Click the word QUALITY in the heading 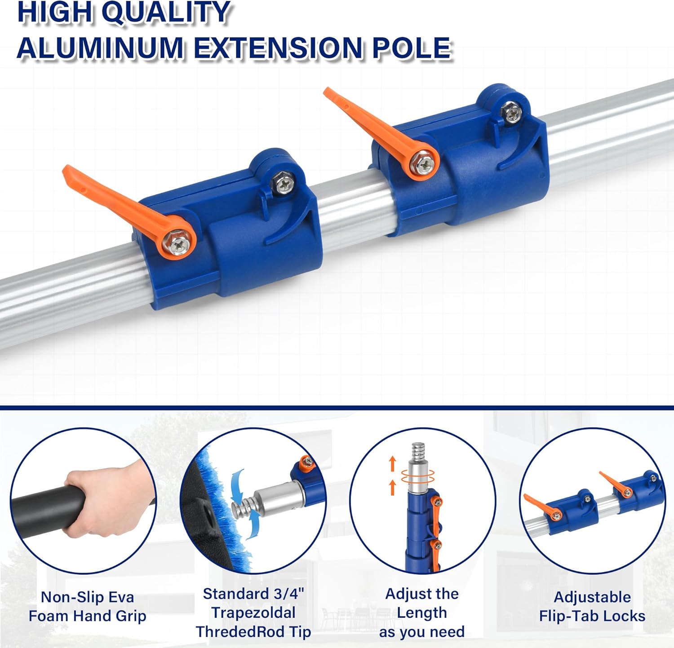(166, 12)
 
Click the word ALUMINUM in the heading (100, 48)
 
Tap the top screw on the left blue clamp (283, 184)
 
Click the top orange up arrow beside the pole (392, 463)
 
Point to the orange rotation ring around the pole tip (417, 477)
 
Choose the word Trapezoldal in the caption (253, 613)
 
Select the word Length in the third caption (421, 613)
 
